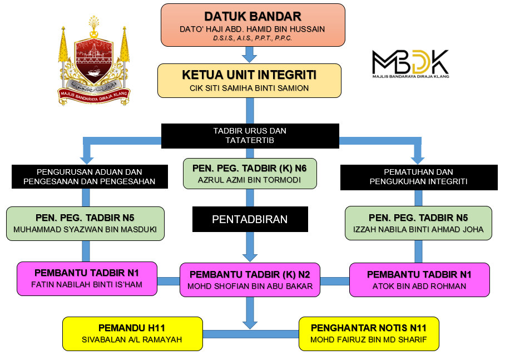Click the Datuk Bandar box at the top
point(253,25)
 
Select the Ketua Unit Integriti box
point(249,81)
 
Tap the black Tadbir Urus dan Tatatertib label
point(250,135)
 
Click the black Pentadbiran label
point(250,219)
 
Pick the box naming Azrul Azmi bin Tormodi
point(250,174)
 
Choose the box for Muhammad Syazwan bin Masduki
point(85,224)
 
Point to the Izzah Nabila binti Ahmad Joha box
point(418,224)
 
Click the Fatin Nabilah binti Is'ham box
point(87,279)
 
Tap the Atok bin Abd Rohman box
point(419,280)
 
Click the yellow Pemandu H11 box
point(132,333)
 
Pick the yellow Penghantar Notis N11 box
point(368,333)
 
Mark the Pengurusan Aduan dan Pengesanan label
point(89,176)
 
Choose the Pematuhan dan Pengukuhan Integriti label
point(418,176)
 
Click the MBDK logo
point(410,63)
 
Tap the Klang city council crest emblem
point(94,61)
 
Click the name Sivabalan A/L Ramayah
point(132,339)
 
